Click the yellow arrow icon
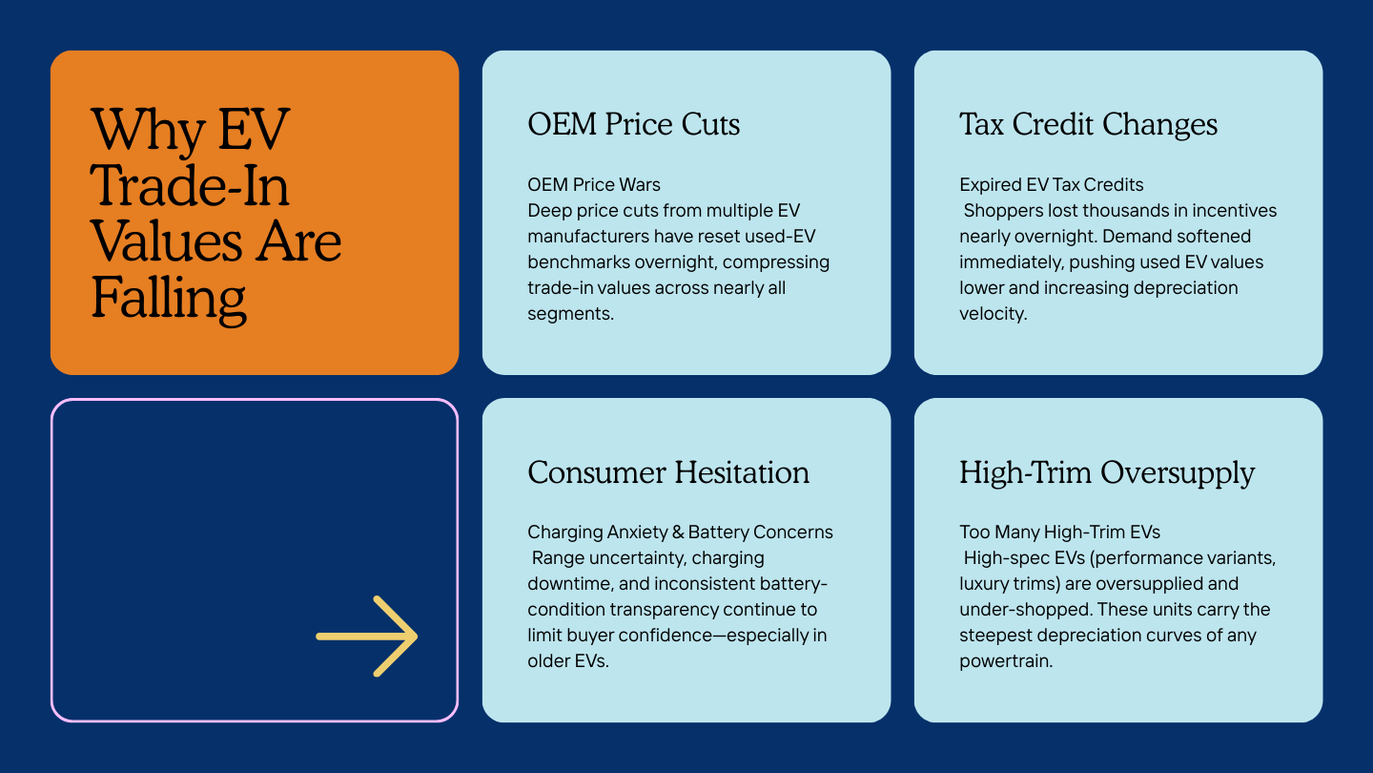click(x=367, y=637)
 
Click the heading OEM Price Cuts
click(x=633, y=124)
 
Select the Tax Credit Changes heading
click(x=1088, y=124)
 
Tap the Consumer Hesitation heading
click(x=668, y=472)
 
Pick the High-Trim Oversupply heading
click(x=1107, y=472)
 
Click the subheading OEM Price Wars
click(x=594, y=184)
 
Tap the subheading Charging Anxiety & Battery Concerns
click(x=680, y=532)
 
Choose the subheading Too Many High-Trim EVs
click(x=1059, y=532)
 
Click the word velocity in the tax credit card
click(x=993, y=313)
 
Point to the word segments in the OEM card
click(x=570, y=313)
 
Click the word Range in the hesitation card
click(x=556, y=557)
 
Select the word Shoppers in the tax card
click(x=1000, y=210)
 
